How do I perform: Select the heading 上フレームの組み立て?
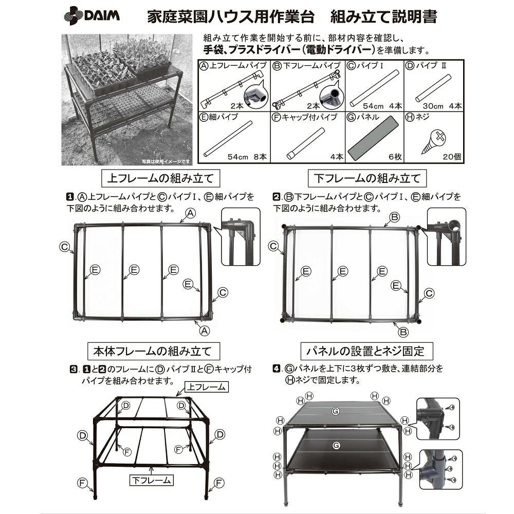click(158, 179)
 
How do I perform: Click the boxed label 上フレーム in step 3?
click(206, 387)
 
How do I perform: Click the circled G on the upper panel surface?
click(335, 411)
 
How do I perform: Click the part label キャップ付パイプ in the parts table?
click(308, 118)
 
